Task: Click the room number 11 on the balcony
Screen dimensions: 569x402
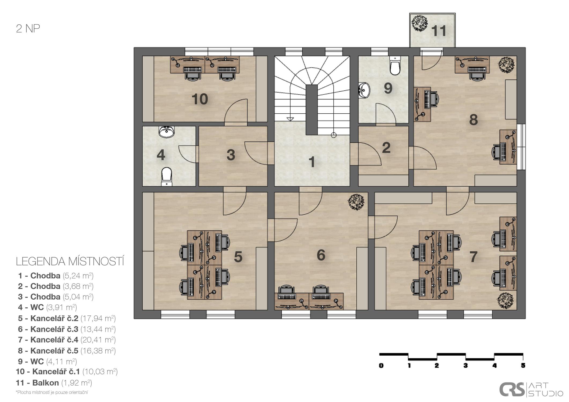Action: [x=439, y=31]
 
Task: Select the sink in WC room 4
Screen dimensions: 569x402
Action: [x=167, y=132]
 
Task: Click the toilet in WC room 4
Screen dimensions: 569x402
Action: [x=167, y=176]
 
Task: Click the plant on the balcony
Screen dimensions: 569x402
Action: [x=420, y=24]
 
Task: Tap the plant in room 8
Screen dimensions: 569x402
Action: [x=506, y=65]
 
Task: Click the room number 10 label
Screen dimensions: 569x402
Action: [x=200, y=99]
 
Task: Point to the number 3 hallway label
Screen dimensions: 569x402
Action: [x=231, y=155]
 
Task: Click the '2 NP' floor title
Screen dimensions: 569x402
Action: [x=28, y=29]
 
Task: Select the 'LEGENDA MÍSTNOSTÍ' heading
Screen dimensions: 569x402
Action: [x=70, y=262]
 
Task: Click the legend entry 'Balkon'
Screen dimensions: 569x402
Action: [x=46, y=383]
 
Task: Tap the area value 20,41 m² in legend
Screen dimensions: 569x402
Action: [x=98, y=340]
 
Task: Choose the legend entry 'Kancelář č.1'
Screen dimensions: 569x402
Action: [x=56, y=372]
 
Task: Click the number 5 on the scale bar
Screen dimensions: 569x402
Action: [x=523, y=365]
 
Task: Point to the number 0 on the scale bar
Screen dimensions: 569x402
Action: [x=381, y=365]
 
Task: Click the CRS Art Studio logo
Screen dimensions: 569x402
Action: [x=531, y=389]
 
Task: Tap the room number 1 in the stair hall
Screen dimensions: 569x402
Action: [x=312, y=162]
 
